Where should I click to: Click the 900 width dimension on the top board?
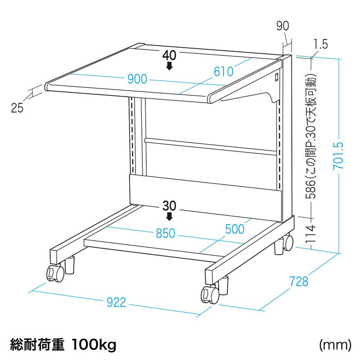pyautogui.click(x=137, y=79)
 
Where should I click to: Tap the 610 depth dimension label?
pyautogui.click(x=223, y=72)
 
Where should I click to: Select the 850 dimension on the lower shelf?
pyautogui.click(x=166, y=233)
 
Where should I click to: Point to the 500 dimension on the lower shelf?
pyautogui.click(x=235, y=229)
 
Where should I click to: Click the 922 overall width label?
pyautogui.click(x=117, y=302)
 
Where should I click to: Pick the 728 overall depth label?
pyautogui.click(x=298, y=281)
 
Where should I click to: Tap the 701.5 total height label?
pyautogui.click(x=338, y=156)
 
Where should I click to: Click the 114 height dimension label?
pyautogui.click(x=311, y=234)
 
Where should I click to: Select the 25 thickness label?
pyautogui.click(x=17, y=108)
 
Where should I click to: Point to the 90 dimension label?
pyautogui.click(x=283, y=26)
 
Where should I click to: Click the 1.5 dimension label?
pyautogui.click(x=320, y=44)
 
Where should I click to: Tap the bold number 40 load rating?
pyautogui.click(x=170, y=55)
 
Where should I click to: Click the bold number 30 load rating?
pyautogui.click(x=170, y=206)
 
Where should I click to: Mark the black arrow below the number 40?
pyautogui.click(x=170, y=66)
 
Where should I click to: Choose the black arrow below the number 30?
pyautogui.click(x=170, y=216)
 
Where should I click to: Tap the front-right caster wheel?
pyautogui.click(x=210, y=295)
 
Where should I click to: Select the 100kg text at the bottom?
pyautogui.click(x=94, y=345)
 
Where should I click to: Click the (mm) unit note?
pyautogui.click(x=335, y=345)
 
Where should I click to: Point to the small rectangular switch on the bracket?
pyautogui.click(x=276, y=76)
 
